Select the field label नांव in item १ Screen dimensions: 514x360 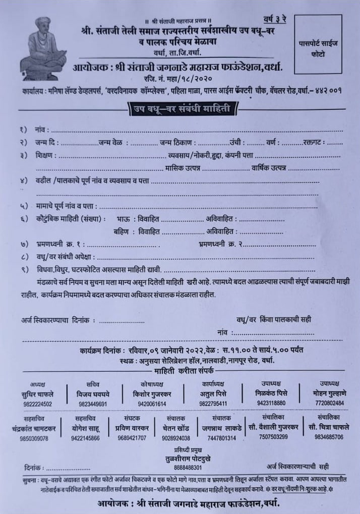(40, 130)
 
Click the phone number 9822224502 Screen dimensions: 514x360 (37, 404)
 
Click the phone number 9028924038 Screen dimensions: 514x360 (176, 438)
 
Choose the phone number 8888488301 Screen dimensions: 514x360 (187, 468)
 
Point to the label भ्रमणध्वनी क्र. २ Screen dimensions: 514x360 (219, 244)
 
